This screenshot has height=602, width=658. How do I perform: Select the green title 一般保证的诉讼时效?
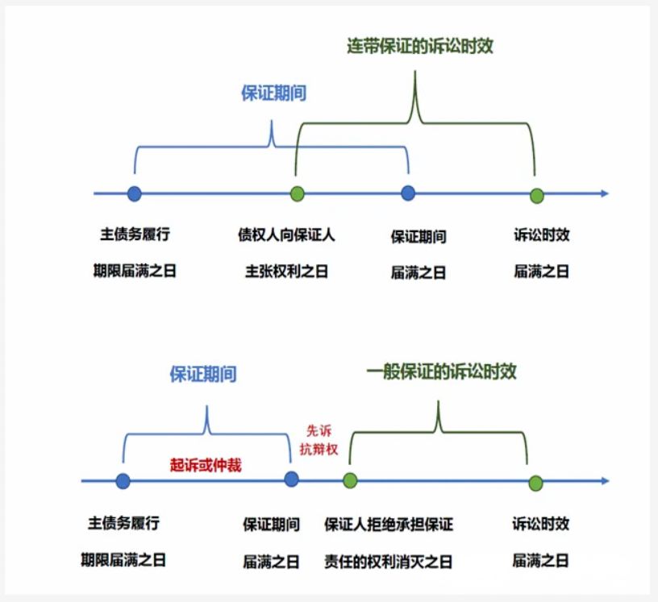pyautogui.click(x=441, y=372)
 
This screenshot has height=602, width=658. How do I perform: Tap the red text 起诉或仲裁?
pyautogui.click(x=206, y=465)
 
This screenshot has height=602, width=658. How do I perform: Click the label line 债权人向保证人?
pyautogui.click(x=286, y=235)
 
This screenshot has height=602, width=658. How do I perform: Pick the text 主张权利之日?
pyautogui.click(x=286, y=272)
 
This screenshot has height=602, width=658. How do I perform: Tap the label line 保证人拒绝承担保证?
pyautogui.click(x=389, y=525)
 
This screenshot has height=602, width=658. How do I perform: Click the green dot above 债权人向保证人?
pyautogui.click(x=298, y=193)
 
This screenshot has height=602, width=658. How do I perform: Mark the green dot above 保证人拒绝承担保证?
pyautogui.click(x=350, y=481)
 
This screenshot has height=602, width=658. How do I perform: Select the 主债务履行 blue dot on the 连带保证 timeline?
pyautogui.click(x=135, y=193)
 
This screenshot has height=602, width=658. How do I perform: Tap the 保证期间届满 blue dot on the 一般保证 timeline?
pyautogui.click(x=292, y=480)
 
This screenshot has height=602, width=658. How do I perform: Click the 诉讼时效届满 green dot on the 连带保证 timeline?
pyautogui.click(x=537, y=195)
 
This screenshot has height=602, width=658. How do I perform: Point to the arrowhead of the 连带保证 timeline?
pyautogui.click(x=604, y=193)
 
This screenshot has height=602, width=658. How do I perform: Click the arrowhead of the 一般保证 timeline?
pyautogui.click(x=604, y=482)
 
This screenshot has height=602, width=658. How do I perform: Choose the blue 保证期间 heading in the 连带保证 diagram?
pyautogui.click(x=274, y=93)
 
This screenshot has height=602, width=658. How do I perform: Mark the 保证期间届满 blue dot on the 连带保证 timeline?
pyautogui.click(x=409, y=193)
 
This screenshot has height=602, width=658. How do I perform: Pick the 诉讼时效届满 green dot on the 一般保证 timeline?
pyautogui.click(x=535, y=483)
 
